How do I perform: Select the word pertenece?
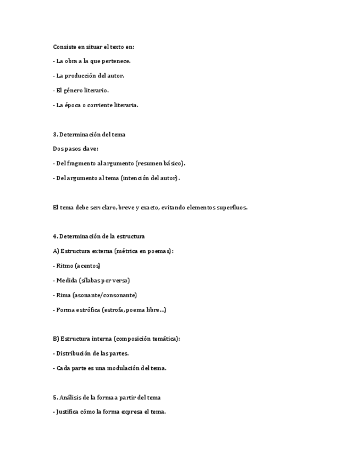tap(117, 61)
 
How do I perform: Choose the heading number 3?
tap(55, 134)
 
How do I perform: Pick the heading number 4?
tap(55, 236)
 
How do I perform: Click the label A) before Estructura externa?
tap(56, 251)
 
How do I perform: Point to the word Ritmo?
tap(65, 266)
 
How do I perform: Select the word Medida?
tap(67, 280)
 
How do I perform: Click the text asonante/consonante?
tap(106, 295)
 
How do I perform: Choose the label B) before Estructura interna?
tap(56, 339)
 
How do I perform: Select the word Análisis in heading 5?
tap(70, 397)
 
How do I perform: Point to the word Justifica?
tap(70, 412)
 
